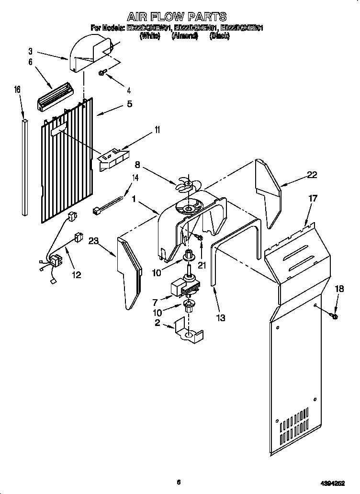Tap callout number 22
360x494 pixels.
pos(312,175)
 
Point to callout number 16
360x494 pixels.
pos(17,89)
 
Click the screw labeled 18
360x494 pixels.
pos(335,315)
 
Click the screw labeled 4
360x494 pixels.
pos(102,73)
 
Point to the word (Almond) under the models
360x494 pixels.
pos(184,36)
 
